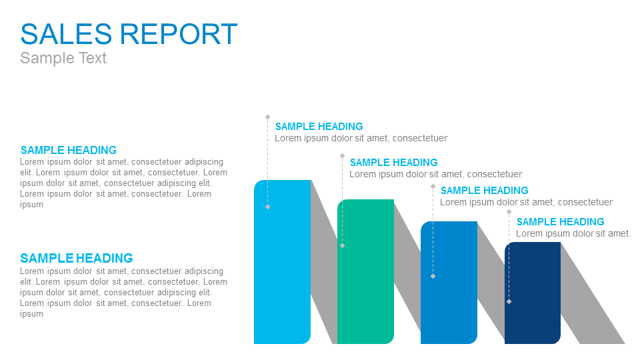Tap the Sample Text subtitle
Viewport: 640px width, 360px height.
pos(63,58)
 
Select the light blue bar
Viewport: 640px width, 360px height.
pos(283,261)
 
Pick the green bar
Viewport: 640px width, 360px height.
pos(366,271)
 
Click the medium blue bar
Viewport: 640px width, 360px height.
pos(449,283)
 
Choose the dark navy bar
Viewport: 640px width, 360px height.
pos(533,293)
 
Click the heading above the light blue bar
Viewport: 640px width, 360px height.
pos(319,127)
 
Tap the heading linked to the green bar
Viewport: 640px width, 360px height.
pos(394,163)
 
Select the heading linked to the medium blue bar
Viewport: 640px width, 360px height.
pos(485,191)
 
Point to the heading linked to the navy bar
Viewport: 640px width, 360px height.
pos(561,222)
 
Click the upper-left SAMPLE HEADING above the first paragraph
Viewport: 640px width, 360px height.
pos(69,150)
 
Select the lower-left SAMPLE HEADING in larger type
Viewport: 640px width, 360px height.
pos(77,259)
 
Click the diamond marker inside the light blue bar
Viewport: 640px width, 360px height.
pos(268,207)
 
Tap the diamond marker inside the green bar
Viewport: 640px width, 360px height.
pos(343,245)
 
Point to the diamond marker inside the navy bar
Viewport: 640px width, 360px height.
pos(509,301)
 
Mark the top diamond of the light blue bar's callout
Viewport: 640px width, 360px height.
pos(268,117)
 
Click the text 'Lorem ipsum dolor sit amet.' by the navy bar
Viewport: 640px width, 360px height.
pos(573,233)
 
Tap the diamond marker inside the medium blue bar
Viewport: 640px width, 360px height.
pos(433,276)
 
